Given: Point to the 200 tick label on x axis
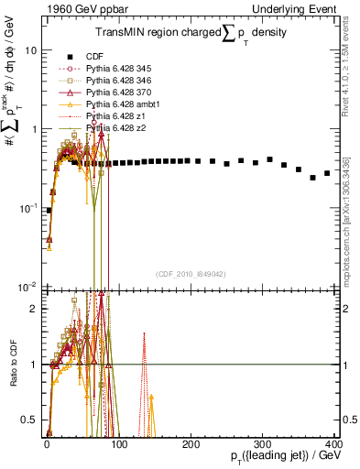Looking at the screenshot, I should [x=191, y=443].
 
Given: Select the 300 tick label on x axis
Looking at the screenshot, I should [x=264, y=443].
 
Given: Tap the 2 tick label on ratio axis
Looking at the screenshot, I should [x=35, y=309].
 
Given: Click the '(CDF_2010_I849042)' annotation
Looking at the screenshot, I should [x=191, y=273].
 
